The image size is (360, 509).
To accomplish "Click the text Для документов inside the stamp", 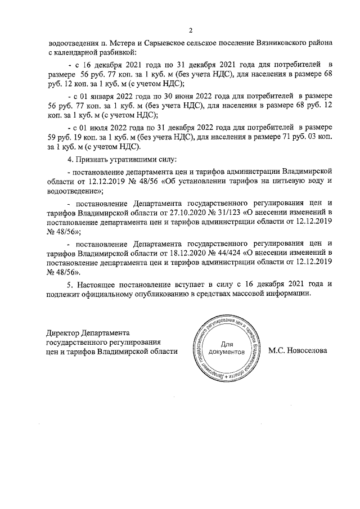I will tap(226, 348).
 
